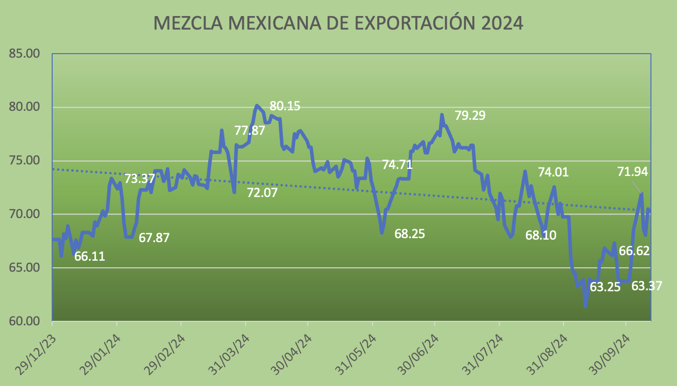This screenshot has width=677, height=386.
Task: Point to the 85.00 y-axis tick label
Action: pos(25,54)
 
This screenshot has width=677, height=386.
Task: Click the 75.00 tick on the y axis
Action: pos(25,160)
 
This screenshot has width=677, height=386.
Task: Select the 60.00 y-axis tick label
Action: pos(25,321)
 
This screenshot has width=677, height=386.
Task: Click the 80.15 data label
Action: pos(285,106)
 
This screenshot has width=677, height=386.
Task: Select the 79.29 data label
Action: pos(470,115)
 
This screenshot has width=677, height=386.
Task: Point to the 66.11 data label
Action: pos(90,257)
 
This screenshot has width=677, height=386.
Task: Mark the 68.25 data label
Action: pos(409,234)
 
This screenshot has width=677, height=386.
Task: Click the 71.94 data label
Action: pos(632,172)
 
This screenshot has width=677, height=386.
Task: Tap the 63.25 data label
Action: pos(605,288)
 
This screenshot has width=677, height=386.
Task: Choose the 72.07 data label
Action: pos(262,192)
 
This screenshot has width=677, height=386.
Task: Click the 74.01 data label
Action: pos(553,172)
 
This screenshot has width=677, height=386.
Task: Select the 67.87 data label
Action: pos(154,238)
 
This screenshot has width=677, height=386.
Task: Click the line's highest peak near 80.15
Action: pos(257,105)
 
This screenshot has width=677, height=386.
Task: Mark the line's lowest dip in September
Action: pos(585,306)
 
